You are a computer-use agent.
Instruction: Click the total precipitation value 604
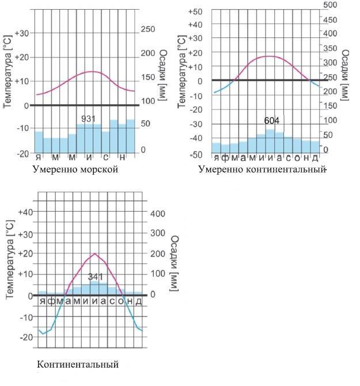[x=271, y=121]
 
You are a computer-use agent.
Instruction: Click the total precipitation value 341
[x=95, y=277]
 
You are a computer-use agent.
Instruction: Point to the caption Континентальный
[x=78, y=365]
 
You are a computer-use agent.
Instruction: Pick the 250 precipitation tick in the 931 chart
[x=148, y=29]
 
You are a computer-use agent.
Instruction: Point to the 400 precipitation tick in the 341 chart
[x=158, y=213]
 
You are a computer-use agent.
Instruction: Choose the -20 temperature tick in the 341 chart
[x=25, y=337]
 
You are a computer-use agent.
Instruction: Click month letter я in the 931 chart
[x=39, y=157]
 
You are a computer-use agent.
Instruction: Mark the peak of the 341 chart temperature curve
[x=95, y=254]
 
